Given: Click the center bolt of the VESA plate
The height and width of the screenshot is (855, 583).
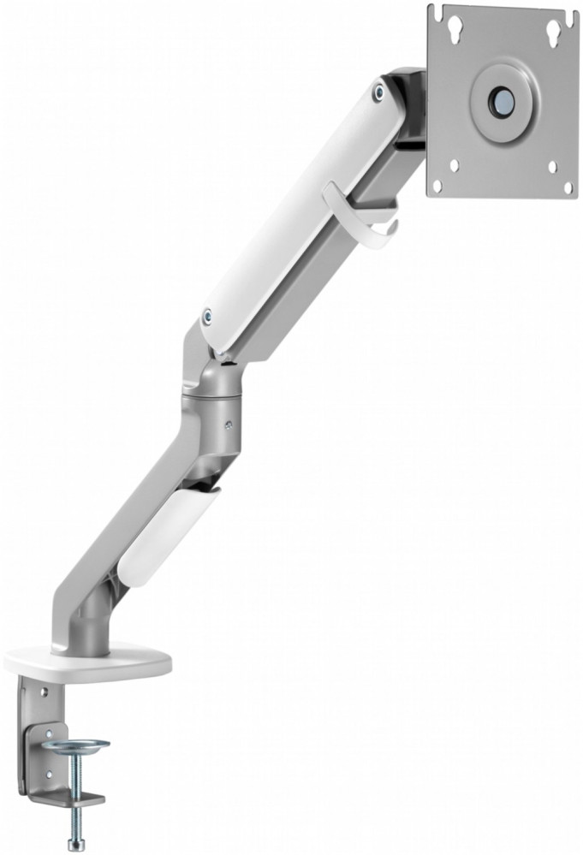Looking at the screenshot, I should click(500, 100).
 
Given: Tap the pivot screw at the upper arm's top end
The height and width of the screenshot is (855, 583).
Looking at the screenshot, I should click(378, 90).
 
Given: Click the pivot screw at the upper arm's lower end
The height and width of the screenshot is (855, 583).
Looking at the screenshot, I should click(207, 317).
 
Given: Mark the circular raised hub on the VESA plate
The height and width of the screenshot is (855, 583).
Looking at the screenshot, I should click(500, 100).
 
